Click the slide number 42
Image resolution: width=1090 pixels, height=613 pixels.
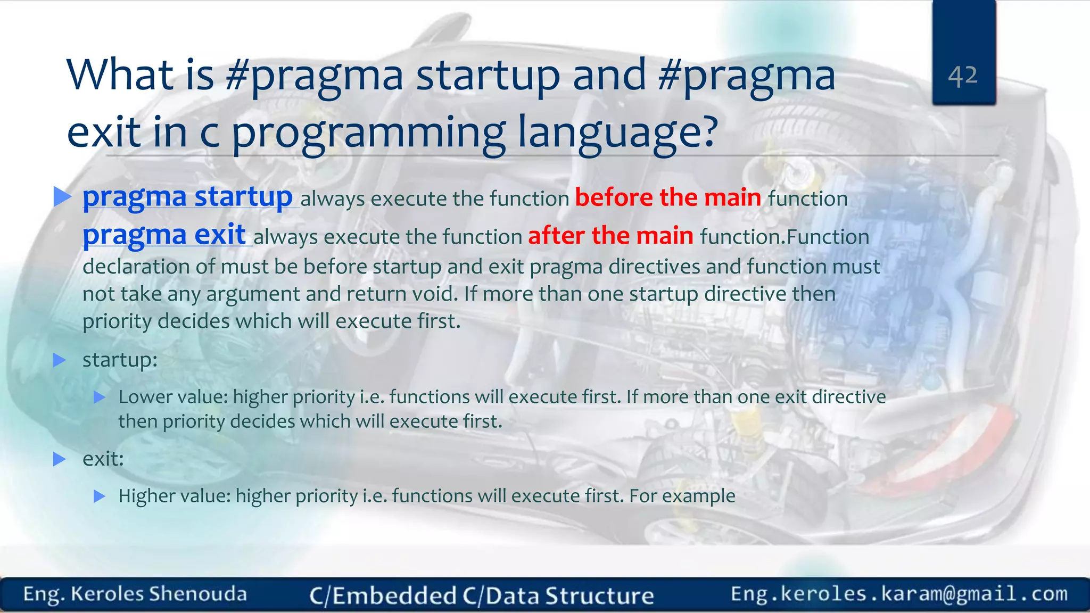(963, 76)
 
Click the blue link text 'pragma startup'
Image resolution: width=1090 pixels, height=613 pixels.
(187, 197)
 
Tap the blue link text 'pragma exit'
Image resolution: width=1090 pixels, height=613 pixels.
(164, 235)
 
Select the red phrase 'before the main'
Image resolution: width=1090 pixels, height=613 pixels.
(668, 198)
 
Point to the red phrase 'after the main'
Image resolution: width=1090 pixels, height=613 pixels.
(610, 236)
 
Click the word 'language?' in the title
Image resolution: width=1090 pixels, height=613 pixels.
(618, 132)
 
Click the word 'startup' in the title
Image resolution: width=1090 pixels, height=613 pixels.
(488, 76)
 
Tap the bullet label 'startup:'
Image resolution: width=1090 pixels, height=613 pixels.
(120, 360)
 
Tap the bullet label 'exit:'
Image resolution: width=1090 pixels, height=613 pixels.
(103, 459)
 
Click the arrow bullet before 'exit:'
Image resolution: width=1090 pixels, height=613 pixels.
(60, 459)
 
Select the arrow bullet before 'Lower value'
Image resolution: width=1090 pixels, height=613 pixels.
(100, 397)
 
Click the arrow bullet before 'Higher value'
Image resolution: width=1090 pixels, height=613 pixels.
(100, 496)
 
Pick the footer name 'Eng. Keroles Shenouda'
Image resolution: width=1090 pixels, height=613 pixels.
(135, 594)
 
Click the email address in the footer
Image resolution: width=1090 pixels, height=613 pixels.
(899, 594)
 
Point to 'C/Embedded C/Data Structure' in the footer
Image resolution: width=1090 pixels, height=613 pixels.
(481, 595)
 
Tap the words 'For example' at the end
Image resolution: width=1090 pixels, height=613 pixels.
(682, 496)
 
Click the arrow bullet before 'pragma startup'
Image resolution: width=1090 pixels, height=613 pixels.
(62, 197)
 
